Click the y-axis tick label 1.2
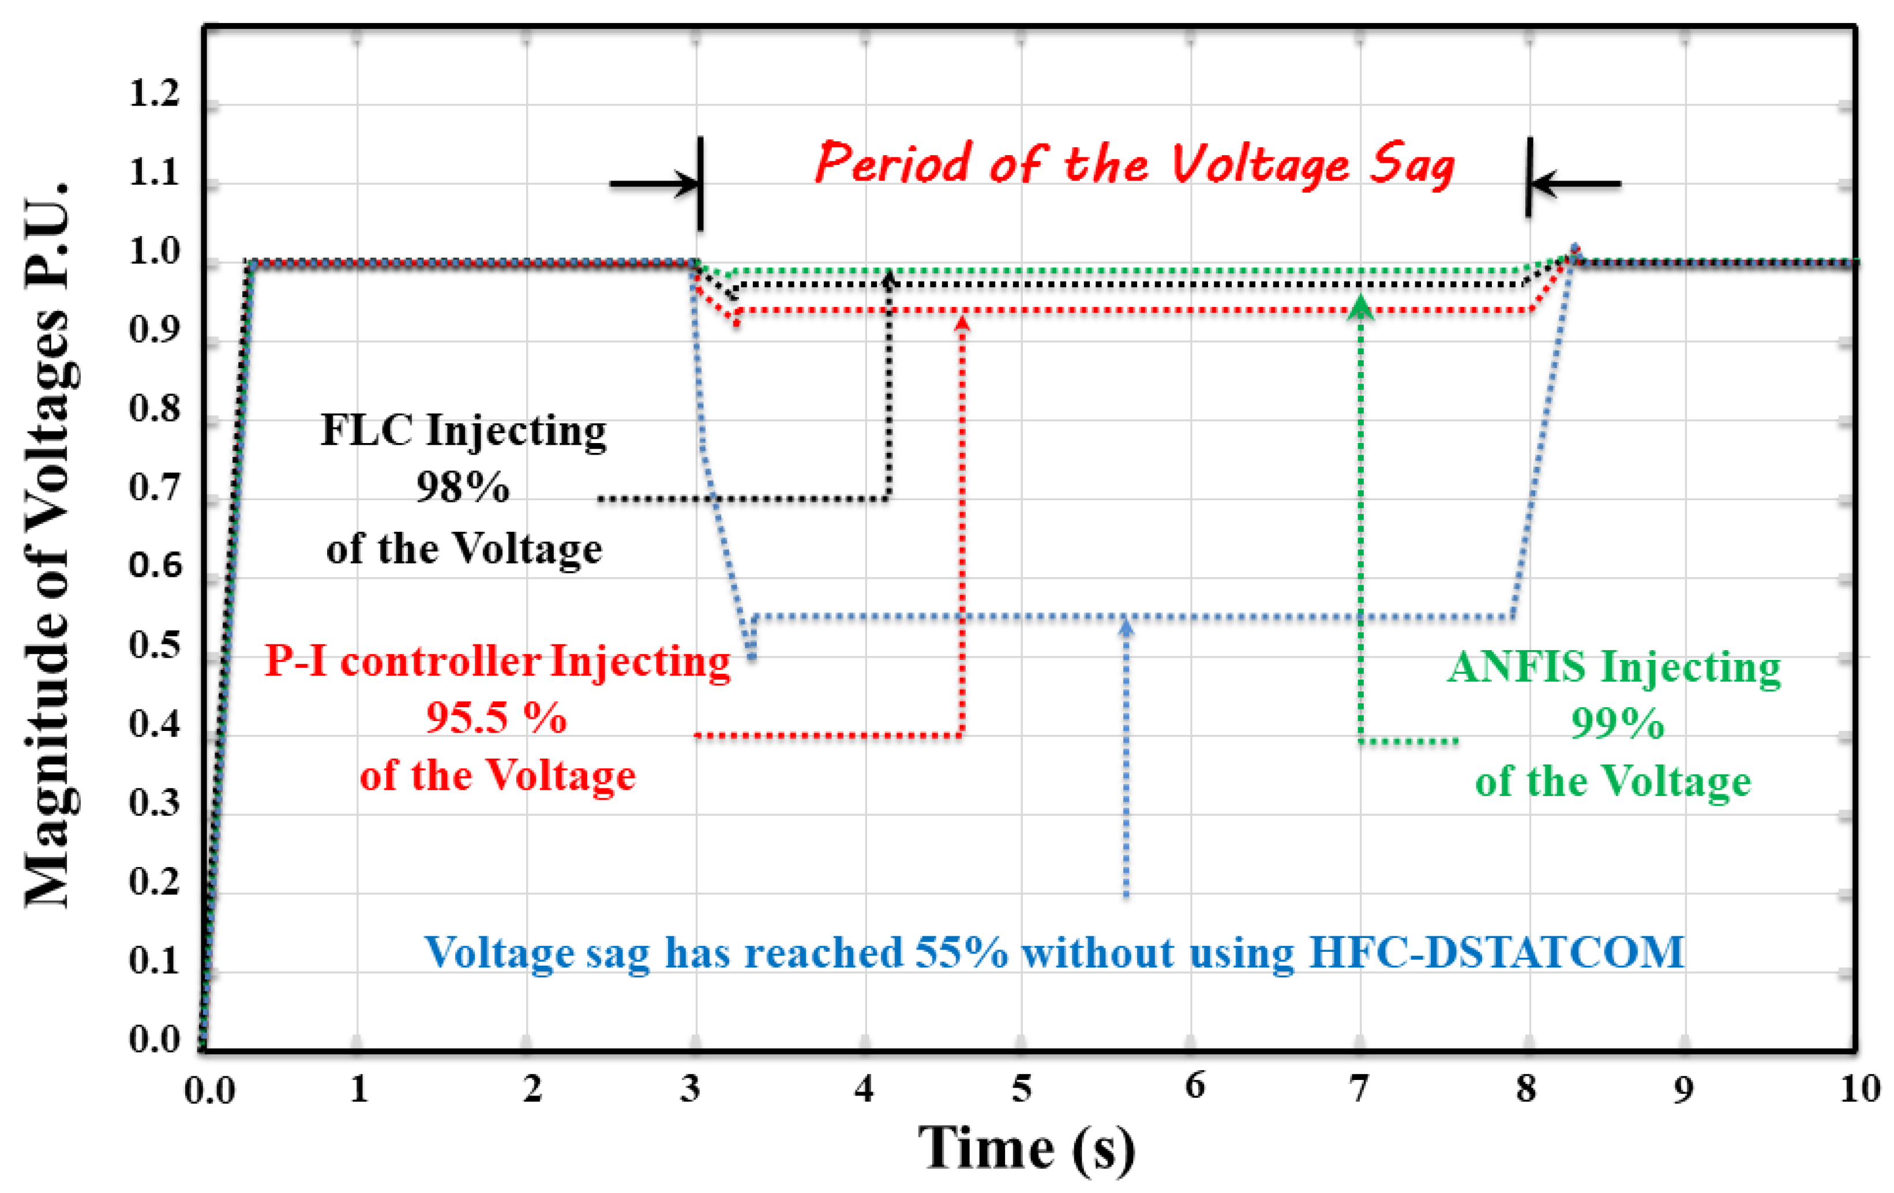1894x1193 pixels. (154, 93)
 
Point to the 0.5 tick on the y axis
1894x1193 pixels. (154, 645)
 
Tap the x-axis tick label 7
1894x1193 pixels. (1359, 1089)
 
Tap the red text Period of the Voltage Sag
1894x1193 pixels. (1134, 164)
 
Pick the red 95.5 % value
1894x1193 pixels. (496, 717)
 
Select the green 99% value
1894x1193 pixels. (1617, 723)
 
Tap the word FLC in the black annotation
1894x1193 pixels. (366, 430)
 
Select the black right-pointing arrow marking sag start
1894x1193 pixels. (656, 184)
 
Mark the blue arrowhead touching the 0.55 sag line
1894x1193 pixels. (1126, 626)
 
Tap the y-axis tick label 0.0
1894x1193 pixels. (154, 1040)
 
